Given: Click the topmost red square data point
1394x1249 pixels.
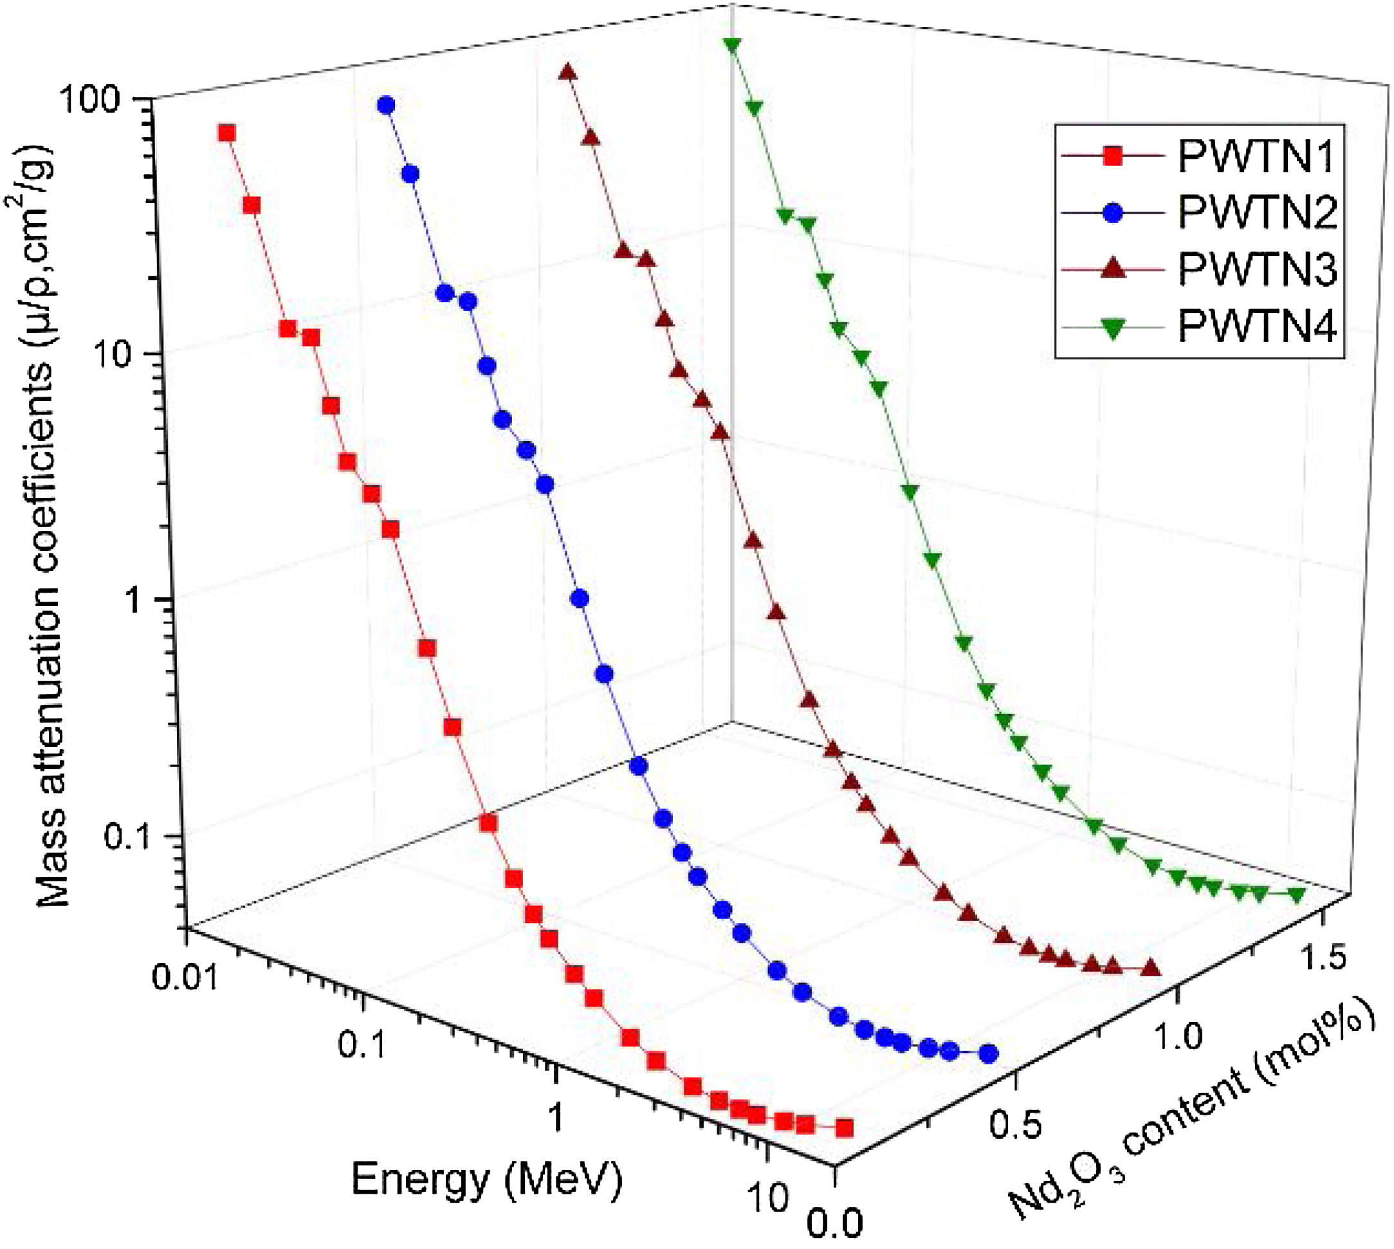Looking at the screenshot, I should [226, 133].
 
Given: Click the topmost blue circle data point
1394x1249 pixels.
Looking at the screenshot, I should [386, 105].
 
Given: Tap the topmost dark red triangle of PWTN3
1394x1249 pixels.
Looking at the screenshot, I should [567, 71].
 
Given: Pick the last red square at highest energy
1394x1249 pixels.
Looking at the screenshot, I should [844, 1128].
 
